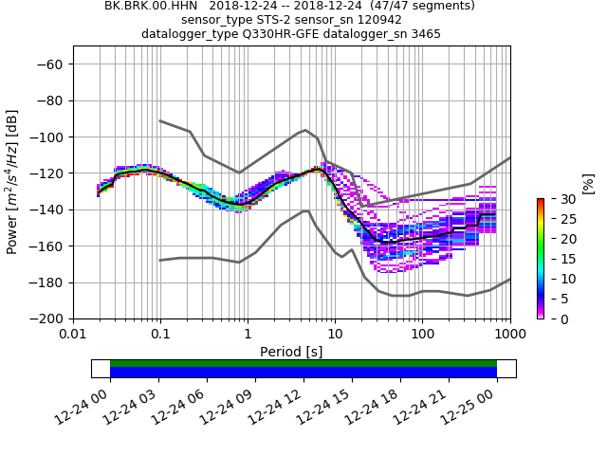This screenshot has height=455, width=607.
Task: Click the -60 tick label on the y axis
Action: (50, 64)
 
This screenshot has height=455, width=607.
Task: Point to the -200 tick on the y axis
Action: (46, 318)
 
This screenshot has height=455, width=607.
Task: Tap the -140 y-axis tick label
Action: (46, 209)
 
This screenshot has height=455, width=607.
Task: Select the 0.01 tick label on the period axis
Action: (73, 335)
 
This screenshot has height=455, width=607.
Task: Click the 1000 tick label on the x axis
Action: (510, 335)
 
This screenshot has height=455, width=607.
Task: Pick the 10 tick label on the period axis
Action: (335, 335)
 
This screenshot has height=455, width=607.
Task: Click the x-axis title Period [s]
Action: (291, 352)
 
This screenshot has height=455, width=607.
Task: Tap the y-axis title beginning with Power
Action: (13, 182)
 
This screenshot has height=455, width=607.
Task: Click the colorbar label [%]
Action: (588, 183)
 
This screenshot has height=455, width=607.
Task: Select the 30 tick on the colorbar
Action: (557, 199)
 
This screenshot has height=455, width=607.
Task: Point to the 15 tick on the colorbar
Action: (557, 259)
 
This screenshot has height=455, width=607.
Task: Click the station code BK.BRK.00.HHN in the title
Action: (151, 6)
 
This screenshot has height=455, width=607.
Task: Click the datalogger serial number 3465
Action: (422, 34)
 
